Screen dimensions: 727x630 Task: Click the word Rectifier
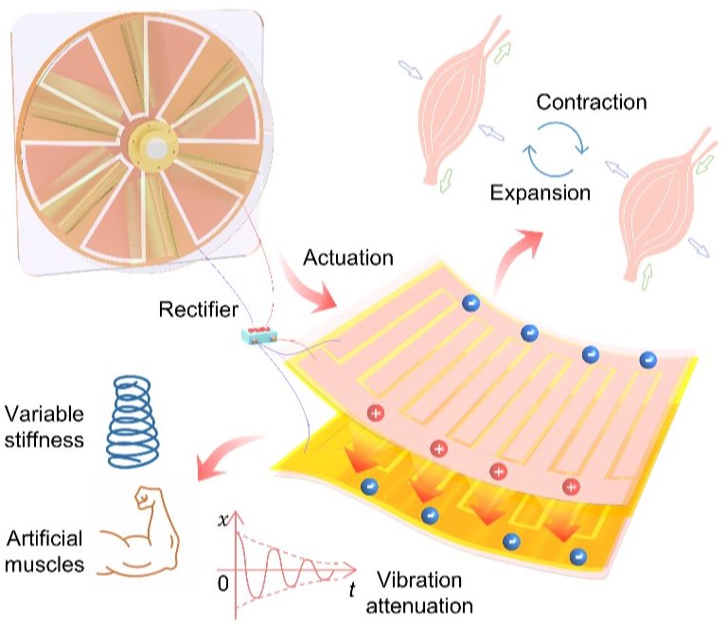click(x=199, y=310)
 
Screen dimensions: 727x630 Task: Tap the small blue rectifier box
click(x=258, y=335)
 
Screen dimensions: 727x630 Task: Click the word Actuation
click(x=348, y=258)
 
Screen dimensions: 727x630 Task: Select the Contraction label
click(x=592, y=102)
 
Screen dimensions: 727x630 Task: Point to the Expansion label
click(x=541, y=192)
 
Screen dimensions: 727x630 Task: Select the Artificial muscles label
click(x=44, y=551)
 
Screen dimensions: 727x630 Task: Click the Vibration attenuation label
click(x=419, y=593)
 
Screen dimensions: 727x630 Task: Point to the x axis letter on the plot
click(x=223, y=520)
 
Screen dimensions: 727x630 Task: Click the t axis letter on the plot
click(x=352, y=589)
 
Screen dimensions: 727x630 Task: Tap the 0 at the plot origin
click(x=223, y=584)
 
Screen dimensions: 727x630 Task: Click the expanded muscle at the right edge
click(x=663, y=204)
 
